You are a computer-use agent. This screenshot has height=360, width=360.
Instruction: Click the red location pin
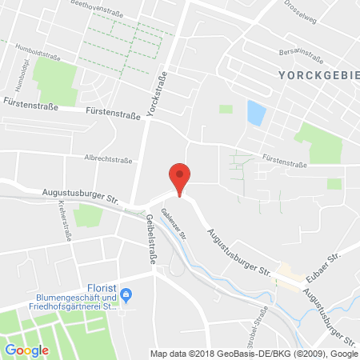(180, 178)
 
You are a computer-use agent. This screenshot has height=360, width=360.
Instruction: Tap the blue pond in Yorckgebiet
(255, 113)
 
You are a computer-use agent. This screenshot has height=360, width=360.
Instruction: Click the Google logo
(27, 350)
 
